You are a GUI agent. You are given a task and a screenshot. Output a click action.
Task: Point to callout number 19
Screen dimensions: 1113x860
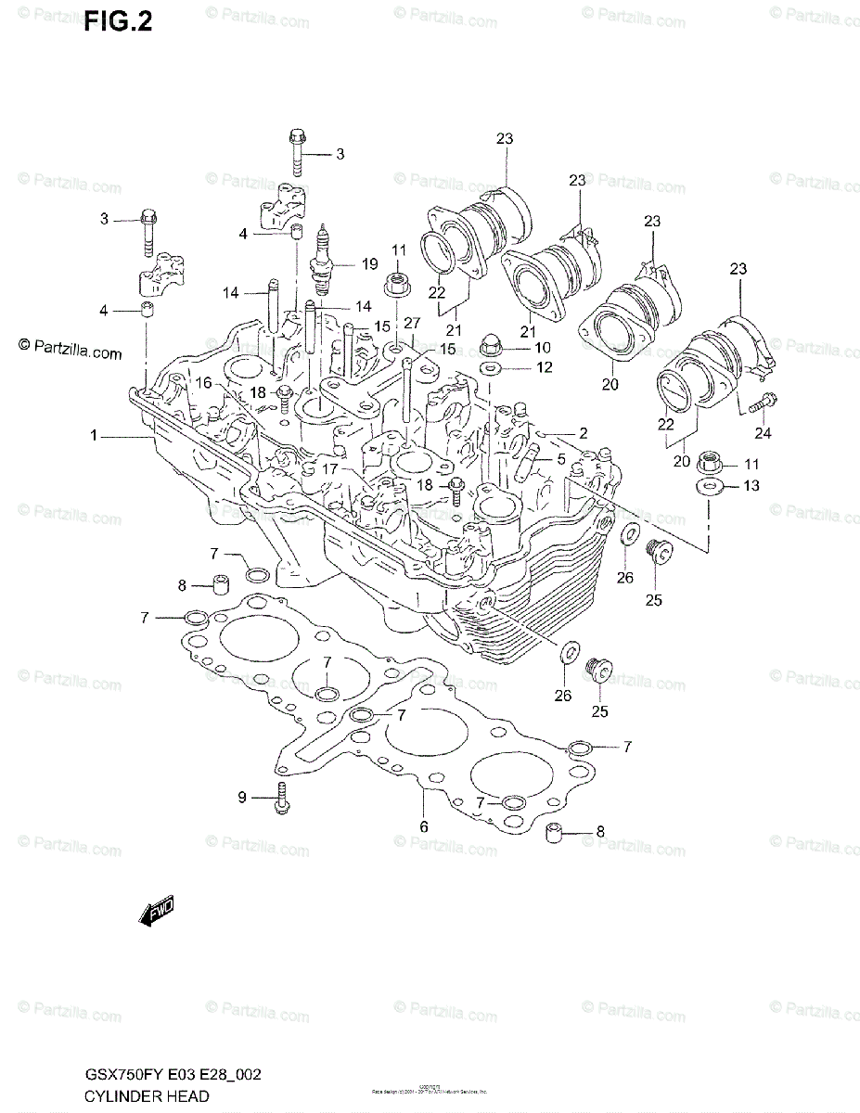(369, 263)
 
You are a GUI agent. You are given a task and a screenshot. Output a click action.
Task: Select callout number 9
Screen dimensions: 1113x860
(243, 797)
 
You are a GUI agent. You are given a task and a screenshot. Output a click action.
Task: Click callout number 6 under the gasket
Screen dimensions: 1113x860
(423, 826)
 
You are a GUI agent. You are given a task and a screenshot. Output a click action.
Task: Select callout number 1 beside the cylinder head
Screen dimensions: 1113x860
(94, 434)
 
